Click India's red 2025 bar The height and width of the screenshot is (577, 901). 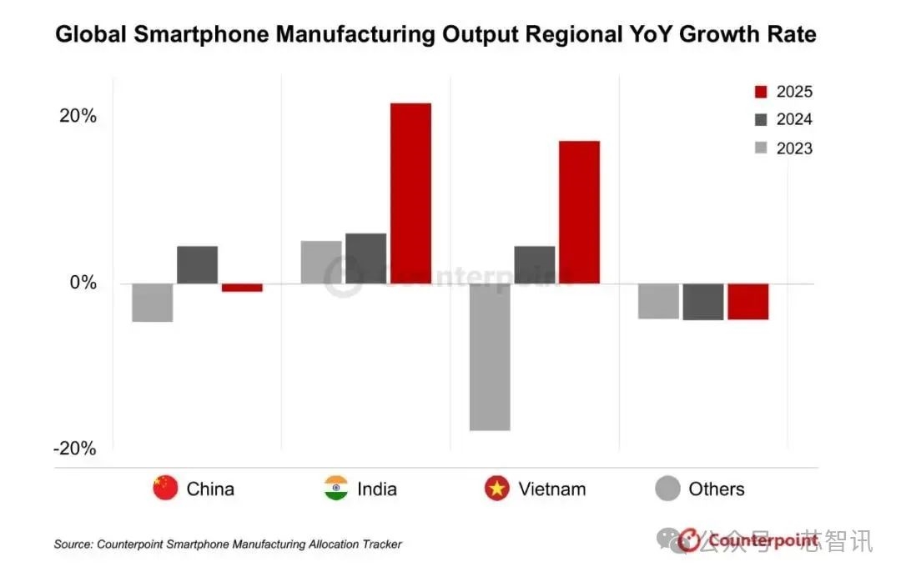point(410,193)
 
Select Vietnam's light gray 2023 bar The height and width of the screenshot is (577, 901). point(490,357)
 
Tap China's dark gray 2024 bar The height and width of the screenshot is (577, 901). point(197,264)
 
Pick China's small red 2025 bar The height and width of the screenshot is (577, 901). point(242,288)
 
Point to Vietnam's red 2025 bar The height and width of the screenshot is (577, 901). point(579,212)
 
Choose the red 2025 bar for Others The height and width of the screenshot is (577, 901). point(747,301)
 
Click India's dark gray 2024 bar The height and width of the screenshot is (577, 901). point(365,258)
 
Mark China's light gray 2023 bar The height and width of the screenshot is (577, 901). point(153,302)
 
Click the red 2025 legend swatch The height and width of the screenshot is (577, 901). point(760,92)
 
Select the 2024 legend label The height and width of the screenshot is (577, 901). point(793,120)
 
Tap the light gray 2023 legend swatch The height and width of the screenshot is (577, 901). point(760,148)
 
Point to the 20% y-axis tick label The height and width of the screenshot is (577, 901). point(77,116)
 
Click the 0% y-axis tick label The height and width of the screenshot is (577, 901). point(83,283)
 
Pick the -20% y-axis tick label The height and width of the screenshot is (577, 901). point(74,449)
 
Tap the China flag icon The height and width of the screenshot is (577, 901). point(165,488)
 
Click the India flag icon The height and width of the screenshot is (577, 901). point(336,488)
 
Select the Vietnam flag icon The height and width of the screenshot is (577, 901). point(497,488)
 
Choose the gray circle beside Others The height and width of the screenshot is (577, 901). point(668,488)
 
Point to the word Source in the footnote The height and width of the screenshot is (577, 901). point(73,544)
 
